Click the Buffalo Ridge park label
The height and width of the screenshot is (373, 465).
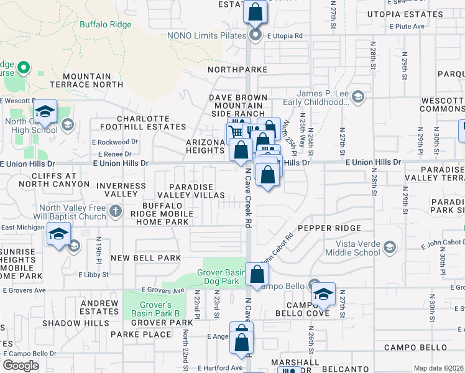(x=106, y=25)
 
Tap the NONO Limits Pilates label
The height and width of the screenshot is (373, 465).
(x=207, y=35)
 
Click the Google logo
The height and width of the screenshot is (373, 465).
(x=21, y=366)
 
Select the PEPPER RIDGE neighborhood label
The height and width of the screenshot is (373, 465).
(x=321, y=228)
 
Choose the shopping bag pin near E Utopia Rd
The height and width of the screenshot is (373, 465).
(x=256, y=11)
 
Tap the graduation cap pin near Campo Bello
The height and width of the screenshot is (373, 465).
(x=323, y=293)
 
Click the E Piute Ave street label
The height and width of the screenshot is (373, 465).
(x=407, y=26)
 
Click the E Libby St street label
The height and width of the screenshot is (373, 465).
(x=93, y=274)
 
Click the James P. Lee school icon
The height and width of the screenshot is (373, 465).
(x=357, y=96)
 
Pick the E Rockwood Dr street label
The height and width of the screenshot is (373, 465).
(x=114, y=142)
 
